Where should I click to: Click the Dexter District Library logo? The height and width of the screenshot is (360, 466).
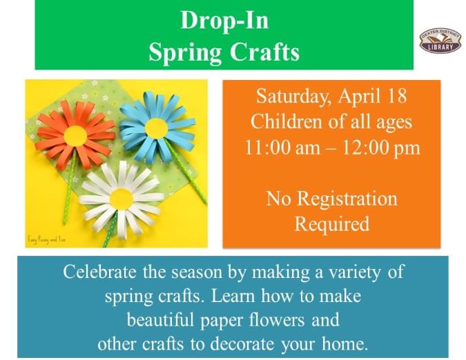[x=440, y=40]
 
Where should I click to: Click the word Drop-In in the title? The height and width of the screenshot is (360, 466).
[x=224, y=21]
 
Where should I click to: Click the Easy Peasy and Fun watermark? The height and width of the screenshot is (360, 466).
[x=47, y=238]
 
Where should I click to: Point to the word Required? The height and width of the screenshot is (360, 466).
[x=331, y=224]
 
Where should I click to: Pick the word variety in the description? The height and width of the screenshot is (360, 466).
[x=353, y=272]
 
